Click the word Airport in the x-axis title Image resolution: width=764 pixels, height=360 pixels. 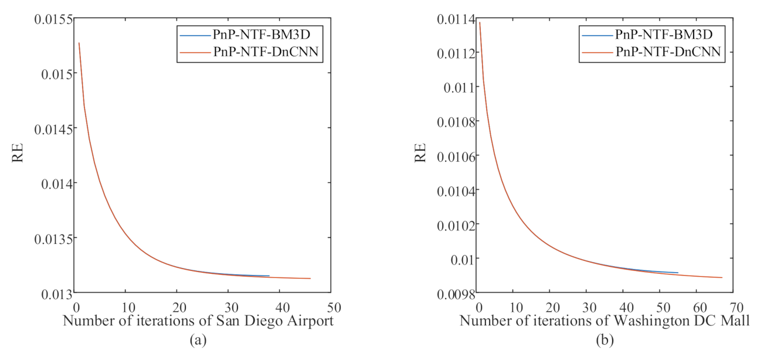click(313, 322)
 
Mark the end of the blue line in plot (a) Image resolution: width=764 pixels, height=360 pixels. click(269, 276)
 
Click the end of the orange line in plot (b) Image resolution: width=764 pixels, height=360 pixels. click(722, 278)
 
